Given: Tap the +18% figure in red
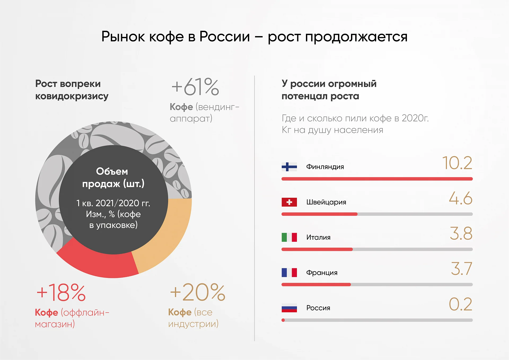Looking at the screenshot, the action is pyautogui.click(x=61, y=292).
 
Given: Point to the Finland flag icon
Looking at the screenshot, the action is pyautogui.click(x=289, y=167).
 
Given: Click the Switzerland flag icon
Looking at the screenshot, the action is pyautogui.click(x=289, y=202).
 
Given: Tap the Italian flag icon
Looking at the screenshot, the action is pyautogui.click(x=289, y=237).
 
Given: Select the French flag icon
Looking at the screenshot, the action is pyautogui.click(x=289, y=273).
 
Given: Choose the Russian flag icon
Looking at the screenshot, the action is pyautogui.click(x=289, y=308).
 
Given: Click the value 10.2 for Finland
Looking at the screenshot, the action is pyautogui.click(x=457, y=163).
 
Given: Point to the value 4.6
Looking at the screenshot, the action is pyautogui.click(x=461, y=198).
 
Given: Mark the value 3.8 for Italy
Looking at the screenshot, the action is pyautogui.click(x=461, y=234).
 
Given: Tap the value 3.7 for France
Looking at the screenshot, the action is pyautogui.click(x=462, y=269).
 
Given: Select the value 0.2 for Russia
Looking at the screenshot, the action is pyautogui.click(x=461, y=304).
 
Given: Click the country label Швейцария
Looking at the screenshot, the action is pyautogui.click(x=326, y=202).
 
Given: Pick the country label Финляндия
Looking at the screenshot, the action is pyautogui.click(x=325, y=167).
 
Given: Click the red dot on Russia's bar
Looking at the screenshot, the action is pyautogui.click(x=283, y=320).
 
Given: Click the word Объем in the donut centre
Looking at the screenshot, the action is pyautogui.click(x=112, y=171).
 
